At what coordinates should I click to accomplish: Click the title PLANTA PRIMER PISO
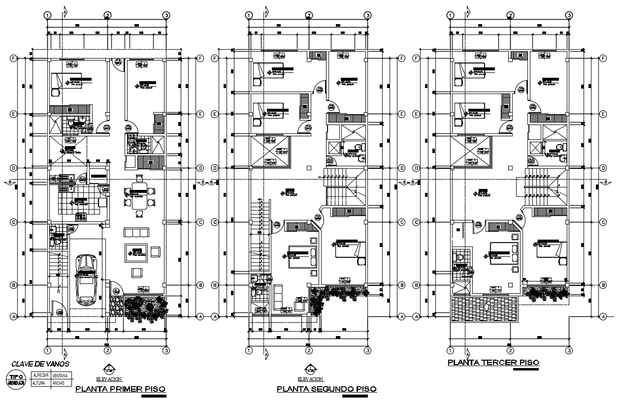[x=121, y=389]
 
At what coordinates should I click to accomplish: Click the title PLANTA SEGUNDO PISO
[x=327, y=389]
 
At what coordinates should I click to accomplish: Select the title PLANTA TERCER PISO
[x=493, y=363]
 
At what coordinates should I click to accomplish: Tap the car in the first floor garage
[x=87, y=278]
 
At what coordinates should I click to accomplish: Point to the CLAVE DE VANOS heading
[x=40, y=364]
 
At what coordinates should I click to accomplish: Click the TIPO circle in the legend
[x=15, y=379]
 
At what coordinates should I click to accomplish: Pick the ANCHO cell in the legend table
[x=60, y=383]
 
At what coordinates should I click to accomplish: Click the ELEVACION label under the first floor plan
[x=109, y=379]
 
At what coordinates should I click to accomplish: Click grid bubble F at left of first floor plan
[x=14, y=58]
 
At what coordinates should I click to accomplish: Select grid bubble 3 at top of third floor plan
[x=569, y=15]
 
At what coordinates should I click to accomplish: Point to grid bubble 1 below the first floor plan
[x=48, y=350]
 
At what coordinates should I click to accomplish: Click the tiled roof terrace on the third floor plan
[x=485, y=308]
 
